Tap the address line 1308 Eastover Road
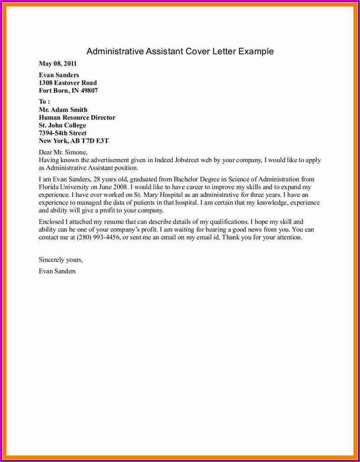pos(68,83)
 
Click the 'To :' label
pos(44,102)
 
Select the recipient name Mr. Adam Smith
pos(63,110)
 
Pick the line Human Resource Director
pos(77,117)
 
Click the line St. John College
pos(62,125)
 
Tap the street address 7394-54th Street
pos(62,133)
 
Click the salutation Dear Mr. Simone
pos(63,152)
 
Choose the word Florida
pos(49,187)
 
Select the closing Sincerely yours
pos(60,260)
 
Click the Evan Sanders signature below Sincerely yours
pos(57,271)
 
